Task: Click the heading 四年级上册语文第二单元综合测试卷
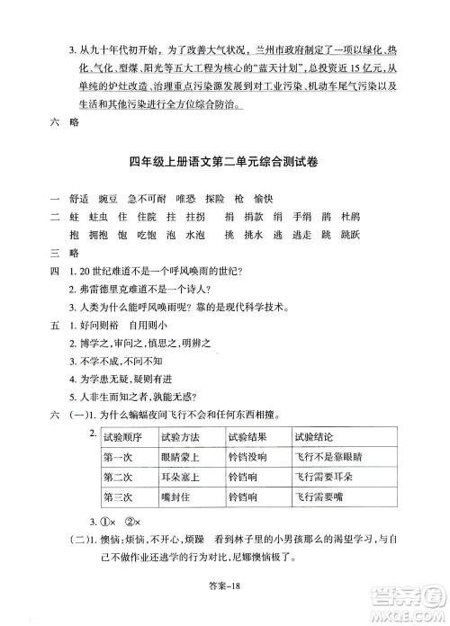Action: (x=224, y=165)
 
